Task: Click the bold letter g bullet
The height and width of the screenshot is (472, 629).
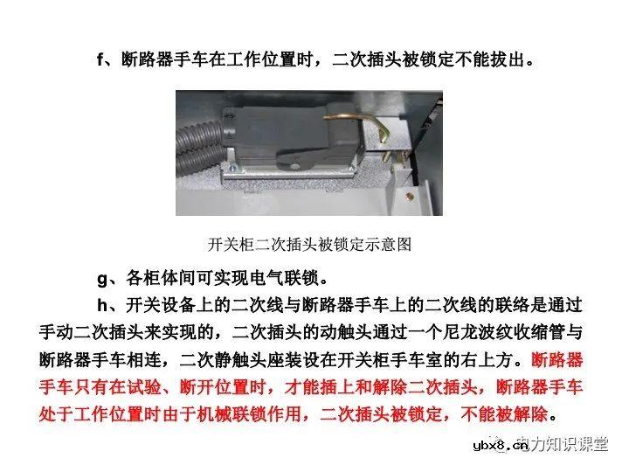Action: (x=101, y=279)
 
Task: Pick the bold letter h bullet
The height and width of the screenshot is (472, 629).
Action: (x=101, y=306)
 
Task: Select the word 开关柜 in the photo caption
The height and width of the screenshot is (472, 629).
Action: (x=229, y=246)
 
